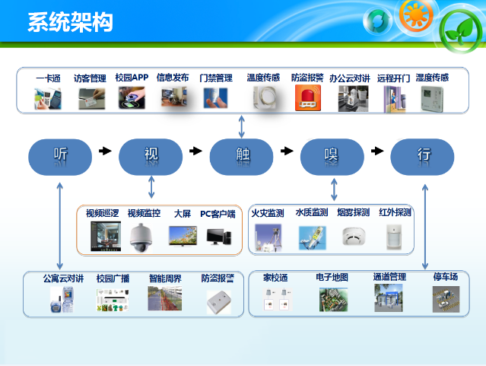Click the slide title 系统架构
71,22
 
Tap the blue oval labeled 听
60,157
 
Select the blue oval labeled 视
151,157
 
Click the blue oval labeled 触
241,157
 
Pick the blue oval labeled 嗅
332,157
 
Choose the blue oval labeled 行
422,157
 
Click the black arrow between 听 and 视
105,151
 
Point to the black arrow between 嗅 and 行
377,151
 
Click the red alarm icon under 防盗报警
308,98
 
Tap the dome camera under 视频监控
141,237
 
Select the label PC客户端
218,214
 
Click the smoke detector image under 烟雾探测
354,237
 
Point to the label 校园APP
132,77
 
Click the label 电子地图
332,277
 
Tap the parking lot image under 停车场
446,299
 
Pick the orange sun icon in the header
415,14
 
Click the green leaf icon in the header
461,31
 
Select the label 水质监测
312,212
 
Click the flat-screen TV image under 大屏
183,236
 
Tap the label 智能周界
165,278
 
